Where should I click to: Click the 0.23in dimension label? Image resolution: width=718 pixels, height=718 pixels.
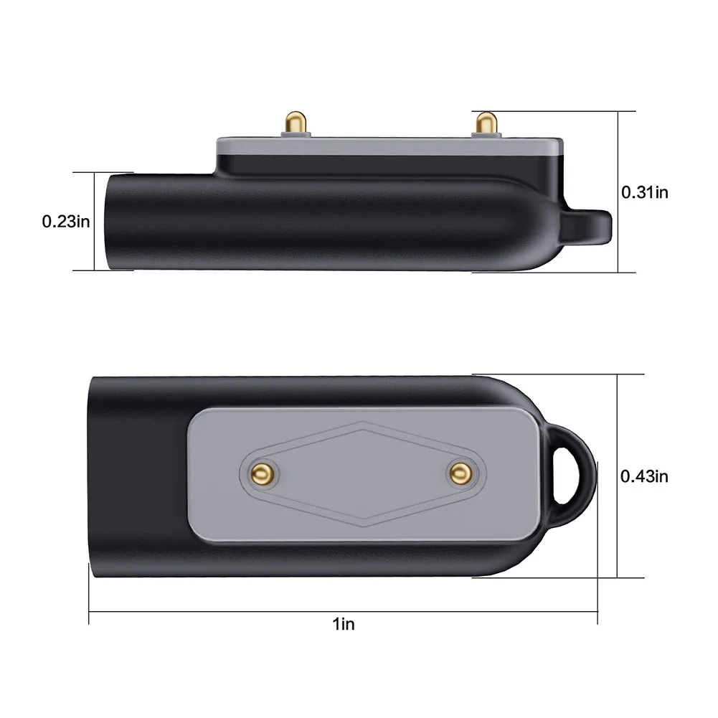point(65,222)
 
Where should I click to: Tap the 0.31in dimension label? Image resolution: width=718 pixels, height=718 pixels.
point(644,192)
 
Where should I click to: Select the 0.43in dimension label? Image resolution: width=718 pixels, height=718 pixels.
point(644,475)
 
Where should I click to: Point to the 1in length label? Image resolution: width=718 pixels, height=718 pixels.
point(344,624)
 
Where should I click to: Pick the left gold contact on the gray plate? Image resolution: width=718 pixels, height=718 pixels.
point(261,471)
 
